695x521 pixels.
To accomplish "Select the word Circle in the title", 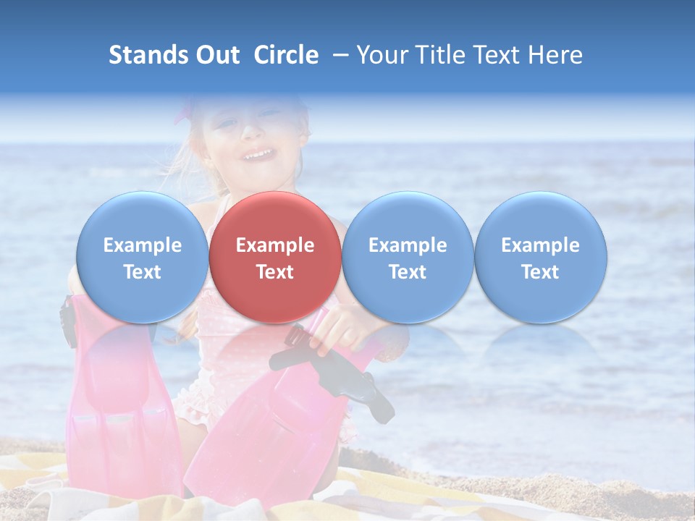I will click(286, 55).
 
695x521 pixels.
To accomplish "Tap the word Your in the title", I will click(381, 55).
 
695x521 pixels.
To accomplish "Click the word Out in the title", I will click(218, 55).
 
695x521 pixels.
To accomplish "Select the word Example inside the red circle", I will click(275, 245).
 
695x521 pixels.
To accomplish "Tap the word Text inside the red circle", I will click(275, 272).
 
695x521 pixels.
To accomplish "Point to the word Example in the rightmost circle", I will click(540, 245).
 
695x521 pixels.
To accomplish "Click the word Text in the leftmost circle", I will click(143, 272).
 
